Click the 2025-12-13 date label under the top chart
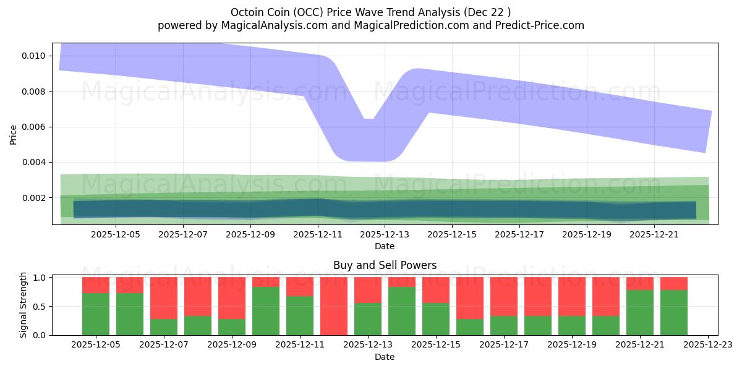click(x=385, y=234)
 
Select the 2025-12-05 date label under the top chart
click(x=116, y=234)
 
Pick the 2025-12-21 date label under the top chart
click(x=654, y=234)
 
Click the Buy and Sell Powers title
click(x=385, y=265)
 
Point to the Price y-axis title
click(x=14, y=134)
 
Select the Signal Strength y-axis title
click(x=23, y=305)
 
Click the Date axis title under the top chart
click(x=385, y=246)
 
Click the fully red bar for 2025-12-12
click(x=333, y=306)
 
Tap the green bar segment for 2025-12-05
click(x=96, y=314)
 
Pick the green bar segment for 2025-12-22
click(x=674, y=313)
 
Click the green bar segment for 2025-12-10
click(x=266, y=311)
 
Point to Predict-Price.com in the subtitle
click(x=540, y=25)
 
